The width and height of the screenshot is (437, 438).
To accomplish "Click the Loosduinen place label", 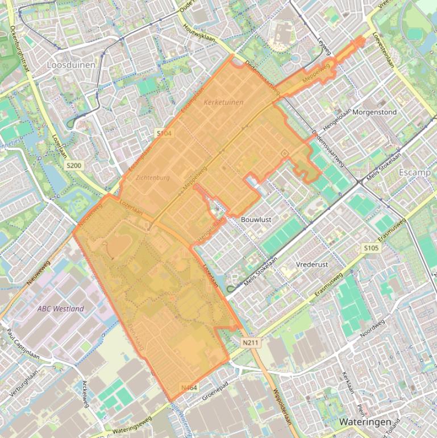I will click(71, 65).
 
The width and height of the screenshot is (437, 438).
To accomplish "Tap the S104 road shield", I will click(164, 133).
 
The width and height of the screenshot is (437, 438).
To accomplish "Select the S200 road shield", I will click(74, 166).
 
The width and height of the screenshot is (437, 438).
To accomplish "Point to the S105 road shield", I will click(371, 248).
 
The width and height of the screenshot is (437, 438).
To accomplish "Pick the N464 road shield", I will click(189, 387).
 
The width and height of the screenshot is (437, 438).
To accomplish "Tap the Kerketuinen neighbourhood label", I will click(223, 102).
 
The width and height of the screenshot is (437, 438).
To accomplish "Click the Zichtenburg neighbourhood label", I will click(153, 177).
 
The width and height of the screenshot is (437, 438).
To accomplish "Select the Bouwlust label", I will click(256, 219).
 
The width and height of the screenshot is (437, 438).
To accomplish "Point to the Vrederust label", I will click(312, 265).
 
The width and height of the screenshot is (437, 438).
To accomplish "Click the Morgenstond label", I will click(374, 112).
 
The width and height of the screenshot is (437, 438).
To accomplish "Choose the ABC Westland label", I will click(61, 309).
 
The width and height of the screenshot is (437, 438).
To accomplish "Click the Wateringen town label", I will click(365, 422).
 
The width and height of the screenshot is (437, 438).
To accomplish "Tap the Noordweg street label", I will click(372, 329).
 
